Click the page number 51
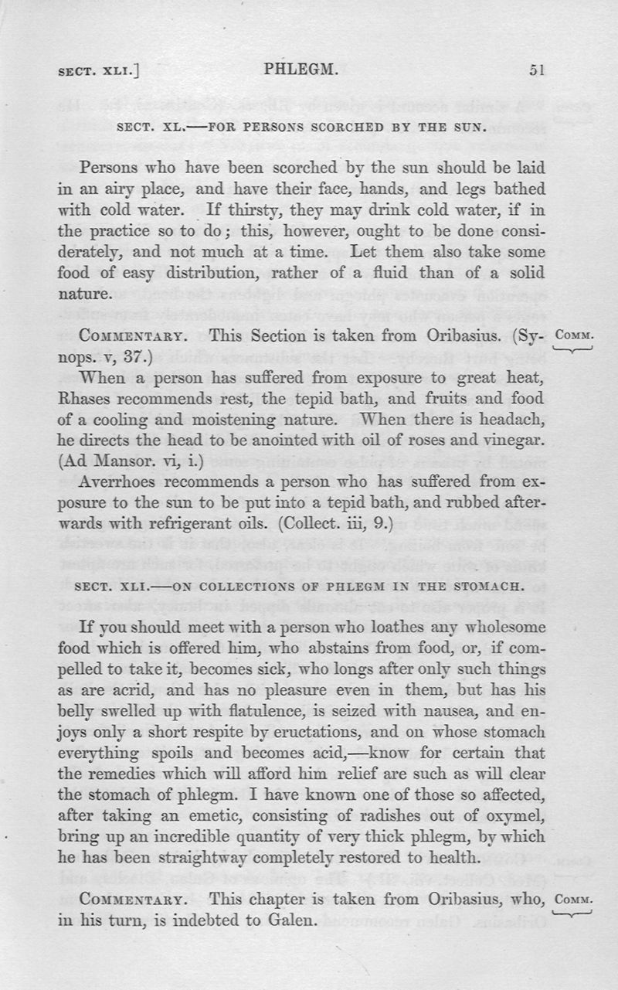538,70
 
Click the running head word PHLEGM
301,70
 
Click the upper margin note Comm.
574,337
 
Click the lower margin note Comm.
574,900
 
